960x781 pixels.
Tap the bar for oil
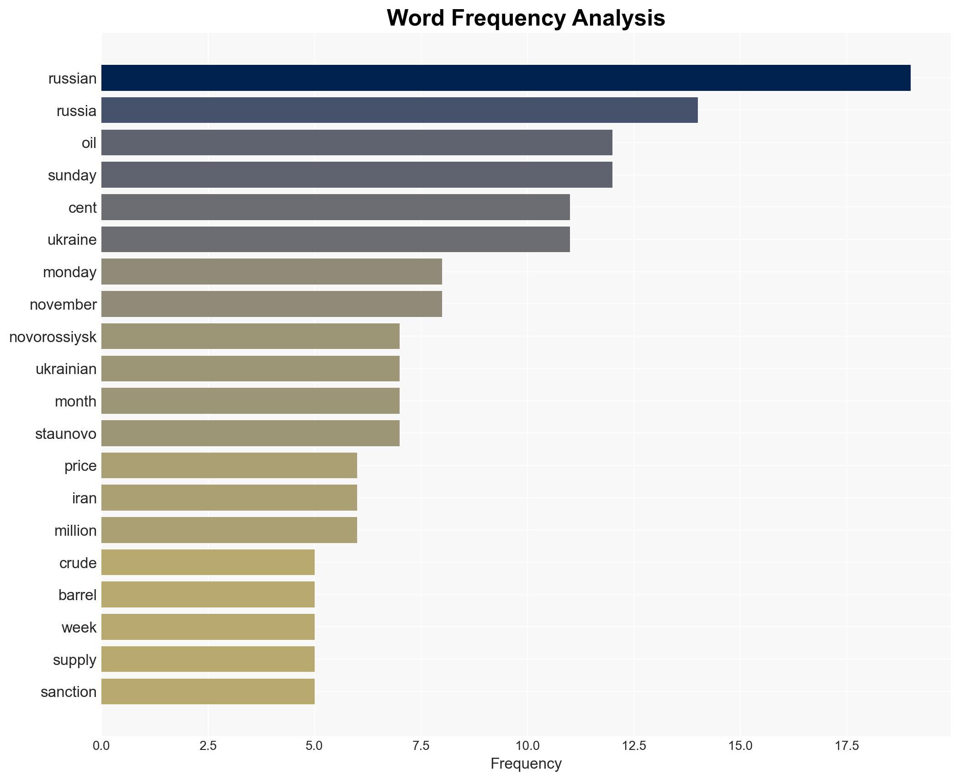tap(357, 142)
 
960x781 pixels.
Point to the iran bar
tap(229, 498)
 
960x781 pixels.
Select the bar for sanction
tap(208, 691)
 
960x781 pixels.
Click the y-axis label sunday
tap(72, 175)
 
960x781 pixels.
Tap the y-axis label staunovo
tap(66, 433)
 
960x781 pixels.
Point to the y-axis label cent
tap(82, 208)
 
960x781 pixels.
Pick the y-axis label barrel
tap(77, 595)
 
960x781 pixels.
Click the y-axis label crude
tap(78, 563)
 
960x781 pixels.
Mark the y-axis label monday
tap(69, 272)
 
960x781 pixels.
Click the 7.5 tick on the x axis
tap(421, 746)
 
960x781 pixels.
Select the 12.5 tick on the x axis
tap(634, 746)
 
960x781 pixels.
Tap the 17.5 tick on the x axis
tap(847, 746)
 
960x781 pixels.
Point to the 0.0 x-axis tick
tap(101, 746)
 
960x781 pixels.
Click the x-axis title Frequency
tap(526, 764)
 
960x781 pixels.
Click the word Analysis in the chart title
tap(618, 18)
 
